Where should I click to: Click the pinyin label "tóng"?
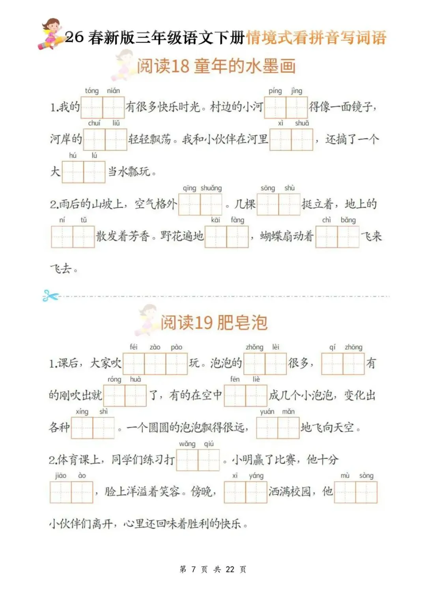[92, 91]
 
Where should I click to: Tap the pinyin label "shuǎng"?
[211, 188]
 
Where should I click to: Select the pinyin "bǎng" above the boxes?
[348, 220]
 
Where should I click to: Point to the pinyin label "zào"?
[155, 347]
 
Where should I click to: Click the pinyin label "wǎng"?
[187, 444]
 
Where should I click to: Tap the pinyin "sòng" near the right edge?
[366, 476]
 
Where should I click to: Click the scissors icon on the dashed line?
[50, 296]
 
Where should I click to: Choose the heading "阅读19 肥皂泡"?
[214, 323]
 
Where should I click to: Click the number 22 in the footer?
[230, 569]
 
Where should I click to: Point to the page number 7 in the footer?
[193, 569]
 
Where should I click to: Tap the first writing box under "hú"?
[73, 172]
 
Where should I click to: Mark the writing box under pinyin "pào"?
[176, 363]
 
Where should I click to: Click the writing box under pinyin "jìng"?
[297, 107]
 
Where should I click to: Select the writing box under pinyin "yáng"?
[256, 492]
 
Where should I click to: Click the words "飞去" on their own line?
[61, 269]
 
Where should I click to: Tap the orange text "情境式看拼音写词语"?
[316, 38]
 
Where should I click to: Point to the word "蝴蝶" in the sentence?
[273, 237]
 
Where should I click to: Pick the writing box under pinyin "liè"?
[256, 395]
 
